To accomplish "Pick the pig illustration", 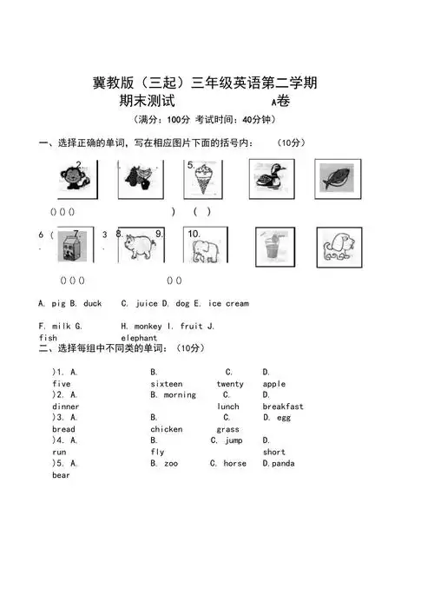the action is [x=139, y=246].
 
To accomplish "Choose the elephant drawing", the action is [x=205, y=247].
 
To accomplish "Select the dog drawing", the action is [x=338, y=247].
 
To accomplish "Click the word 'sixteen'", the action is [x=167, y=383].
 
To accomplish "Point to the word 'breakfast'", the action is [x=283, y=407].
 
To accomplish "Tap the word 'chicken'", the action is [x=167, y=429].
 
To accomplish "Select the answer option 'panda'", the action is [x=282, y=464].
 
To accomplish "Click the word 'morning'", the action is [x=180, y=395].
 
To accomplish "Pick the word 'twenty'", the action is [x=230, y=383].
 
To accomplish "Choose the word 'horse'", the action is [x=234, y=464].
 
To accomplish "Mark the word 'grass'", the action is [x=228, y=429].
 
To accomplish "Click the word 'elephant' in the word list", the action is [x=139, y=337].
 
